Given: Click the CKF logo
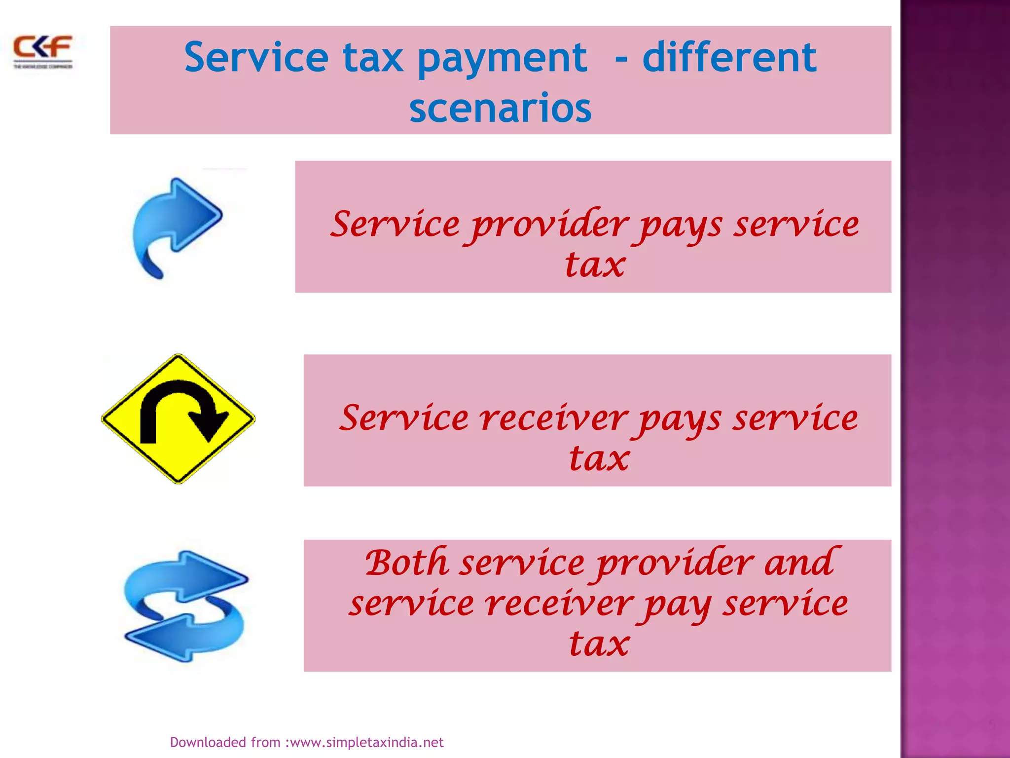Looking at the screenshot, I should click(x=43, y=51).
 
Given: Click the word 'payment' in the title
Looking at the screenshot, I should click(x=502, y=58).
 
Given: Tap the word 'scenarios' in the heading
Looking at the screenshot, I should click(x=500, y=108).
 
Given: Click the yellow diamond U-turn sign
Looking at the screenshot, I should click(x=178, y=418).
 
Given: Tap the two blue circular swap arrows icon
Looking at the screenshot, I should click(x=185, y=606).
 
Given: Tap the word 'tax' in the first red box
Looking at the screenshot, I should click(x=595, y=265).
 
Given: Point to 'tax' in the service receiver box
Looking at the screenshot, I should click(x=599, y=459).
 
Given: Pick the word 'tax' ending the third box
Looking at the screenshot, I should click(x=599, y=644).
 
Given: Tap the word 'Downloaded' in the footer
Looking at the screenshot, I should click(x=208, y=742).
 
